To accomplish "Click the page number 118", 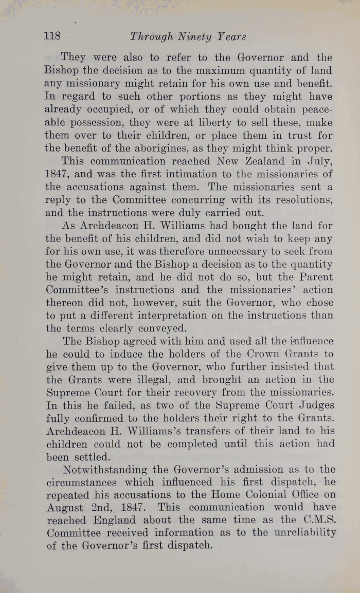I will tap(53, 36).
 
